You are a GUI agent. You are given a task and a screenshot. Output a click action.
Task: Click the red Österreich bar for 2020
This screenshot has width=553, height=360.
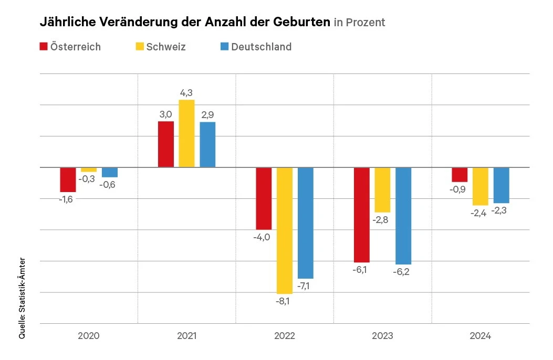coord(68,179)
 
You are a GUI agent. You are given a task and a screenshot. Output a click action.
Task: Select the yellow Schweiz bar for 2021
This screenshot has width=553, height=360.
coord(186,133)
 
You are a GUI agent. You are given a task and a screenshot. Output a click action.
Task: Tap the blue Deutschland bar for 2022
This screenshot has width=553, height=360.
coord(305,223)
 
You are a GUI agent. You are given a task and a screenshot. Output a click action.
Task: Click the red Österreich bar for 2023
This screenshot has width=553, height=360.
coord(362,215)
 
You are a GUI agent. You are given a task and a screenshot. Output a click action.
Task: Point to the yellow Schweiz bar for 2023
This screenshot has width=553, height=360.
coord(382,189)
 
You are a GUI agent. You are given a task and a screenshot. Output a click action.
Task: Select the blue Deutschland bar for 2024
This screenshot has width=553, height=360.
coord(501,185)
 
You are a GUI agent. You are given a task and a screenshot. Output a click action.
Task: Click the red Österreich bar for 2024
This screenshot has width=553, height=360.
coord(460,175)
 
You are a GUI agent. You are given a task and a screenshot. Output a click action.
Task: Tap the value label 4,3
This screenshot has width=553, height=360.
coord(186,93)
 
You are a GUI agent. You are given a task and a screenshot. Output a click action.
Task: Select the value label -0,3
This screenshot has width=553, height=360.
coord(87,179)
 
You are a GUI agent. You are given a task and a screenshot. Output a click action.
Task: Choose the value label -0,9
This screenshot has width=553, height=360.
coord(460,189)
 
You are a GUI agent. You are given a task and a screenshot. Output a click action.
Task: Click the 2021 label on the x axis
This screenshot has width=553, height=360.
coord(186,335)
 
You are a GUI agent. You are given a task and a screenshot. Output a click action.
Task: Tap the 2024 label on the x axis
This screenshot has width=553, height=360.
coord(480,335)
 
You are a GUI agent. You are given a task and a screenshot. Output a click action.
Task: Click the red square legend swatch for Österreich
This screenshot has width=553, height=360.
coord(44,46)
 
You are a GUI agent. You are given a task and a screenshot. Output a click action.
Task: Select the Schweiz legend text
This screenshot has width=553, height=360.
coord(166,47)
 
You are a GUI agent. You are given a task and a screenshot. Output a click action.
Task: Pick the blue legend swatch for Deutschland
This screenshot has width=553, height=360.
coord(224,46)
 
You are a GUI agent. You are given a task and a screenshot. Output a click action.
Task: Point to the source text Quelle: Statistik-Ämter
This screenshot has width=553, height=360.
coord(22,298)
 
